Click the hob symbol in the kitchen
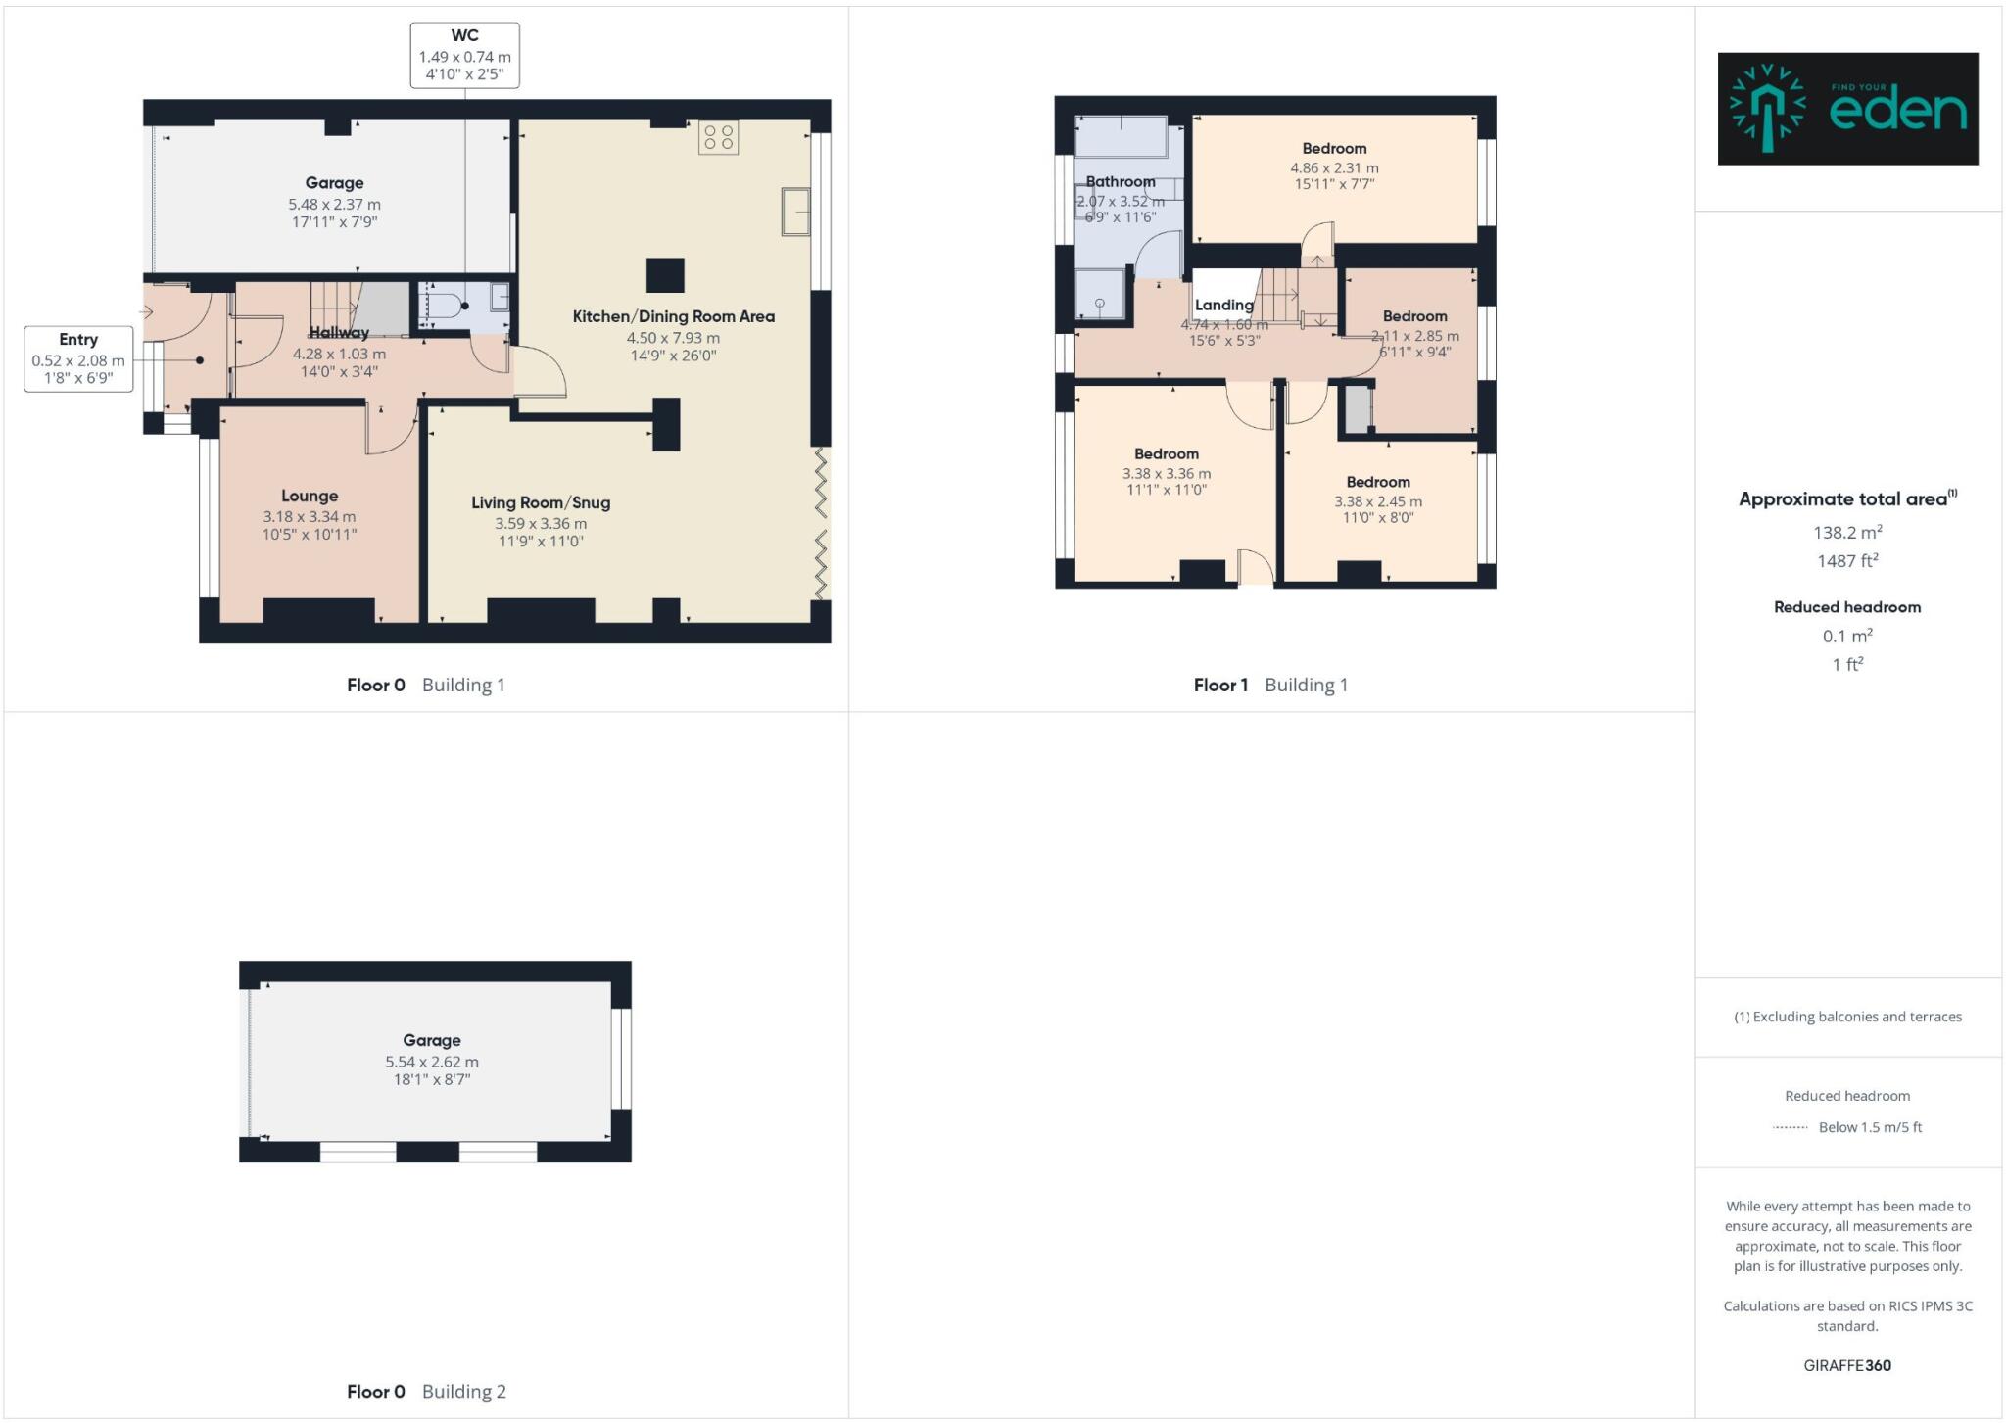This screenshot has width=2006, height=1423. (x=718, y=137)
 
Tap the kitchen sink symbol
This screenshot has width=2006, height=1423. (x=795, y=212)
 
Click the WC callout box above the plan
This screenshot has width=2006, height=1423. (x=464, y=56)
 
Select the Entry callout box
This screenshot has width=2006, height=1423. (x=78, y=359)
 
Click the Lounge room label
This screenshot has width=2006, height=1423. (x=310, y=497)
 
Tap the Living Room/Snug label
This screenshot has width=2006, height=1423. (x=541, y=503)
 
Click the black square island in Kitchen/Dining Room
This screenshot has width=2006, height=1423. (x=665, y=275)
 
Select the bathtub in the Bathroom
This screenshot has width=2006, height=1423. (x=1121, y=137)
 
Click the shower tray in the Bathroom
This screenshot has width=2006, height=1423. (x=1099, y=295)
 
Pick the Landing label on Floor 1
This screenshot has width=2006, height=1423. (x=1223, y=306)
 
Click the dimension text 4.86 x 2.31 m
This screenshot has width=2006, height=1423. (x=1334, y=168)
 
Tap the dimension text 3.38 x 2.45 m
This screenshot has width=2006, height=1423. (x=1377, y=501)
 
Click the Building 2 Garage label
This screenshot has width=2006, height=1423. (x=431, y=1041)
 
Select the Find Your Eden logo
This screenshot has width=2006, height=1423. (x=1847, y=109)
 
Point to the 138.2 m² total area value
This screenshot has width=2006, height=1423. (x=1847, y=533)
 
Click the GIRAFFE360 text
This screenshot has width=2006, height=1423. (x=1847, y=1365)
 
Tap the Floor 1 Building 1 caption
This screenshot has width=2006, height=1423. (x=1270, y=686)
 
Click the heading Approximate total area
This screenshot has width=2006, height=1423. (x=1846, y=499)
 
